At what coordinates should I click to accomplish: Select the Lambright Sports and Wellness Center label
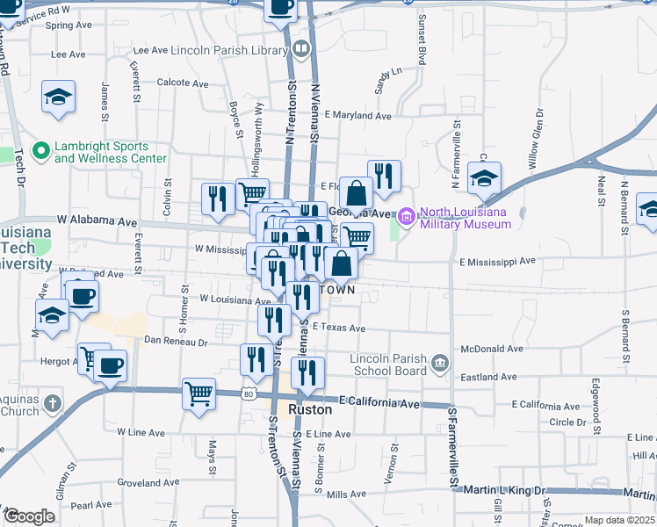(110, 152)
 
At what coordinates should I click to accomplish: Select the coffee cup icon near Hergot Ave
(111, 365)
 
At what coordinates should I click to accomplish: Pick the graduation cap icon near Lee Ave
(59, 97)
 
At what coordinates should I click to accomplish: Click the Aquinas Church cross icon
(53, 404)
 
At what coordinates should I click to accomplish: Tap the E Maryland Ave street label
(357, 116)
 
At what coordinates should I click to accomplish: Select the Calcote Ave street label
(182, 83)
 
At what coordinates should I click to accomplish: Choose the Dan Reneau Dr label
(175, 342)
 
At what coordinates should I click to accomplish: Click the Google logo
(29, 516)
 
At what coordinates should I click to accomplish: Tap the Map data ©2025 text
(619, 521)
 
